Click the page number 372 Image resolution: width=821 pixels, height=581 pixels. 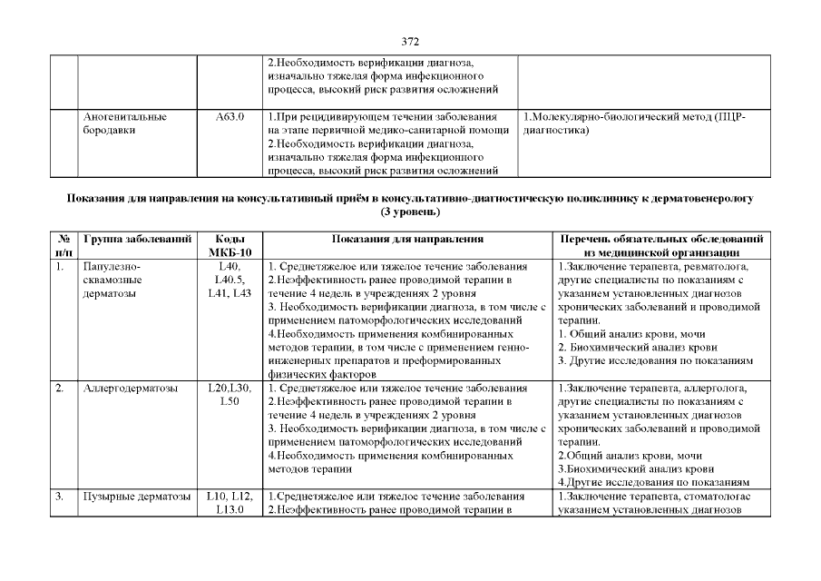coord(410,42)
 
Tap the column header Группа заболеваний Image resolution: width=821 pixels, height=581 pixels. coord(137,239)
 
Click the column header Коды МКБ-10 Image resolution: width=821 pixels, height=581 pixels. coord(230,245)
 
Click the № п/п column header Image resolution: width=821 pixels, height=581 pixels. coord(64,245)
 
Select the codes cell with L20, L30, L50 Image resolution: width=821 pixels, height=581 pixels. coord(230,396)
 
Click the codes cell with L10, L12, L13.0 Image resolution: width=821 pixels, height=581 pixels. coord(230,503)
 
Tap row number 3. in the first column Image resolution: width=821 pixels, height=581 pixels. coord(60,497)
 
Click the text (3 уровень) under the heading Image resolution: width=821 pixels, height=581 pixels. coord(410,212)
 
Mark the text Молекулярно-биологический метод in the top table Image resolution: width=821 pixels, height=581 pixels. coord(617,118)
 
